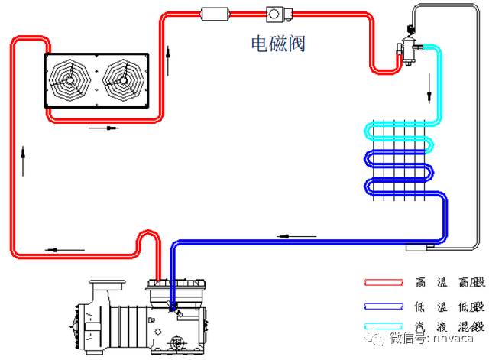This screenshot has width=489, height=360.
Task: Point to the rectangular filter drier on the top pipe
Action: pos(211,14)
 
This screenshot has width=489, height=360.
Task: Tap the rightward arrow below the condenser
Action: pos(104,128)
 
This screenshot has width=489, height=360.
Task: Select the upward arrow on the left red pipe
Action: pos(24,161)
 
